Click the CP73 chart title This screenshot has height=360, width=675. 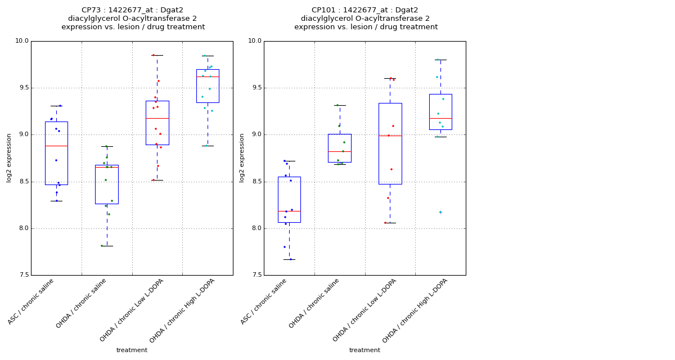click(133, 18)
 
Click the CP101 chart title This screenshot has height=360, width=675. click(366, 18)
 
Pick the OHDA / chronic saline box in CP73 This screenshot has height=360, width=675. click(107, 184)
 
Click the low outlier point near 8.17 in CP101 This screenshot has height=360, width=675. click(440, 212)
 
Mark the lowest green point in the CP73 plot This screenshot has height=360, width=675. click(102, 246)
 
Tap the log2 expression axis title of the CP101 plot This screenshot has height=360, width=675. click(242, 158)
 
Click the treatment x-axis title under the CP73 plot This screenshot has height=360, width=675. click(132, 350)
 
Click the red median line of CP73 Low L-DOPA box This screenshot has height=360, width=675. click(157, 118)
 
